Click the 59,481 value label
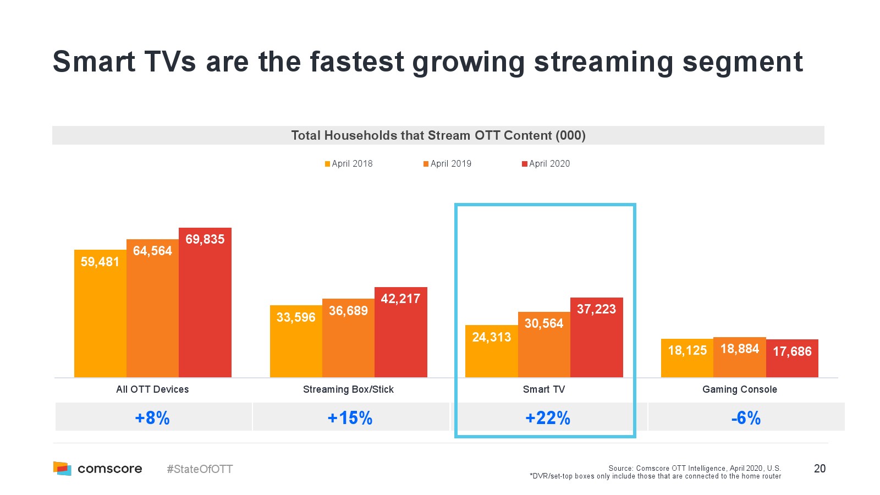[x=100, y=262]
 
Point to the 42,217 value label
[x=400, y=299]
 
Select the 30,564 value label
[x=544, y=323]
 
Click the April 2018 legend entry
[x=349, y=163]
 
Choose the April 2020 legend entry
[x=546, y=163]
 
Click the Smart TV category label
[x=544, y=389]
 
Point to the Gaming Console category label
[x=740, y=389]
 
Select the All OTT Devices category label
[x=152, y=389]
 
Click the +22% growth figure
[x=548, y=418]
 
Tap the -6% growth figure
[x=746, y=418]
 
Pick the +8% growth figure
[x=152, y=418]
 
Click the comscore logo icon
[x=62, y=469]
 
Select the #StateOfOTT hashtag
[x=200, y=469]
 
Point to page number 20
[x=820, y=469]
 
